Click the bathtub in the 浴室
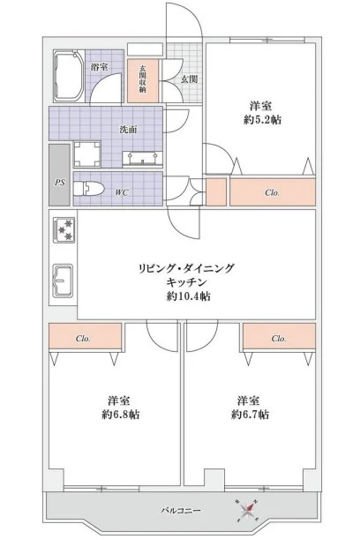[69, 77]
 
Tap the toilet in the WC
[89, 188]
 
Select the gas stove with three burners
[64, 230]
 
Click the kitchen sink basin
[63, 281]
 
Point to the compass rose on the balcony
[248, 510]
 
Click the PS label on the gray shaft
[60, 183]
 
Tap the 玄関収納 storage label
[142, 79]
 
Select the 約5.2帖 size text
[262, 120]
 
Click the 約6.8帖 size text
[121, 415]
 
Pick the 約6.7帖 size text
[250, 415]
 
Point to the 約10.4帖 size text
[189, 296]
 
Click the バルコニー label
[181, 511]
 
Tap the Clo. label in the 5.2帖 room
[273, 193]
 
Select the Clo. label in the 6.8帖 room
[83, 339]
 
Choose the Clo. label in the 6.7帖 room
[279, 339]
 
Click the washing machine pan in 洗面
[87, 154]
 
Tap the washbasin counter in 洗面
[142, 159]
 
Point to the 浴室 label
[100, 67]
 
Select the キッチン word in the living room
[186, 282]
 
